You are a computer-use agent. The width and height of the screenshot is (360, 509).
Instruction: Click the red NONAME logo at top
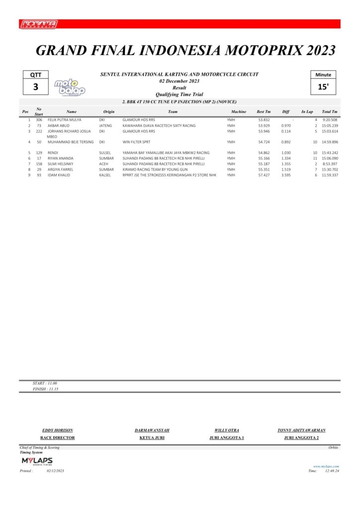coord(39,24)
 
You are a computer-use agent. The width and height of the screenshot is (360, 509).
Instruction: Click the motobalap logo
coord(70,87)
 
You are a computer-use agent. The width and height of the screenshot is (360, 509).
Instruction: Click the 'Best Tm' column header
coord(264,112)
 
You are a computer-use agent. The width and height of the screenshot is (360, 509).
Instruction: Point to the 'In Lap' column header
coord(307,112)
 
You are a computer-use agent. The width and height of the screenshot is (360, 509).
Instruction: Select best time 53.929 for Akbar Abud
coord(264,126)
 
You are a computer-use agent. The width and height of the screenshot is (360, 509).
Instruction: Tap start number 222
coord(39,131)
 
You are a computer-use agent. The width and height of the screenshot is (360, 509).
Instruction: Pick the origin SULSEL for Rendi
coord(105,153)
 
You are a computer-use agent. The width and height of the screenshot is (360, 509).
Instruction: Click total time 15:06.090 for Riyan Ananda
coord(330,158)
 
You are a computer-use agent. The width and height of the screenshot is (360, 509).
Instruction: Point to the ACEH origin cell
coord(104,164)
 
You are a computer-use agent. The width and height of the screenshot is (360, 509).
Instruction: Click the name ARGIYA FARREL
coord(61,170)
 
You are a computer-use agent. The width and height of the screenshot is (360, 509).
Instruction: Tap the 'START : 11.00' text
coord(45,384)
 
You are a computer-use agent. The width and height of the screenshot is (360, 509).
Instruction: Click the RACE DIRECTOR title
coord(57,438)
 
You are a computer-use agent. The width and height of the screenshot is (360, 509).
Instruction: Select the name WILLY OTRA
coord(227,430)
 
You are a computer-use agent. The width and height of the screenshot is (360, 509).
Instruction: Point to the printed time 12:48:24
coord(331,470)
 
